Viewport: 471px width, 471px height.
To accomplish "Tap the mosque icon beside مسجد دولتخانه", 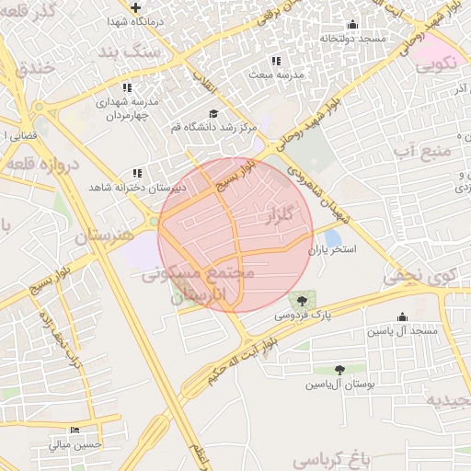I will (352, 25).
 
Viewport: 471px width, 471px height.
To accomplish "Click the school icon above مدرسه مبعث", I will (276, 62).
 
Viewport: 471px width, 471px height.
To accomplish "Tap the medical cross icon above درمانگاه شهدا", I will (135, 7).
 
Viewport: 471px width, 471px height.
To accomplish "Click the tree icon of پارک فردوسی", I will (301, 301).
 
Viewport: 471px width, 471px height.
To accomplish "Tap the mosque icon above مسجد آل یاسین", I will (404, 316).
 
